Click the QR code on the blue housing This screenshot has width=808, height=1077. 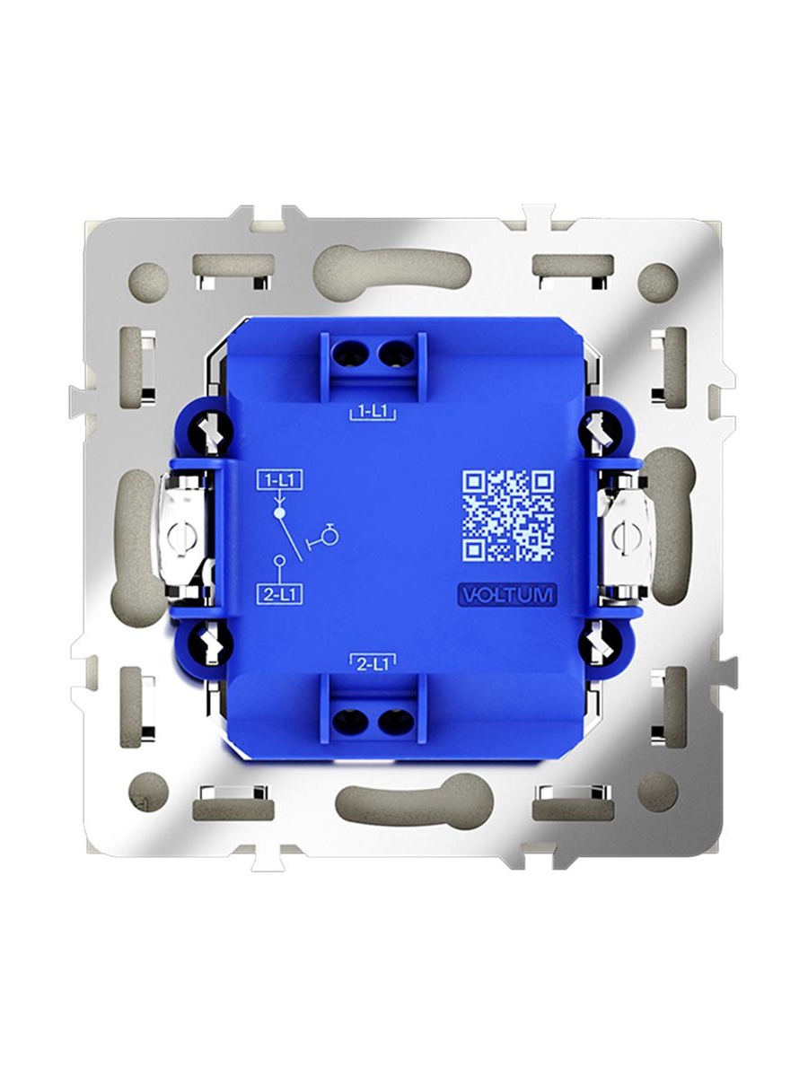click(508, 516)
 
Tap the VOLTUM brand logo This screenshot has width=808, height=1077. click(506, 595)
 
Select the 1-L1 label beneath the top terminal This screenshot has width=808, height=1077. click(373, 413)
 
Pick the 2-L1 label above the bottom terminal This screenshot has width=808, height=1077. click(373, 664)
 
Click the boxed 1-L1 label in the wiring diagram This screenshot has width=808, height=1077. click(279, 481)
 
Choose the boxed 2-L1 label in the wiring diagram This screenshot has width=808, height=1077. click(279, 596)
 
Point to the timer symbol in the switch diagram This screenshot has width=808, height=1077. click(325, 537)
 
